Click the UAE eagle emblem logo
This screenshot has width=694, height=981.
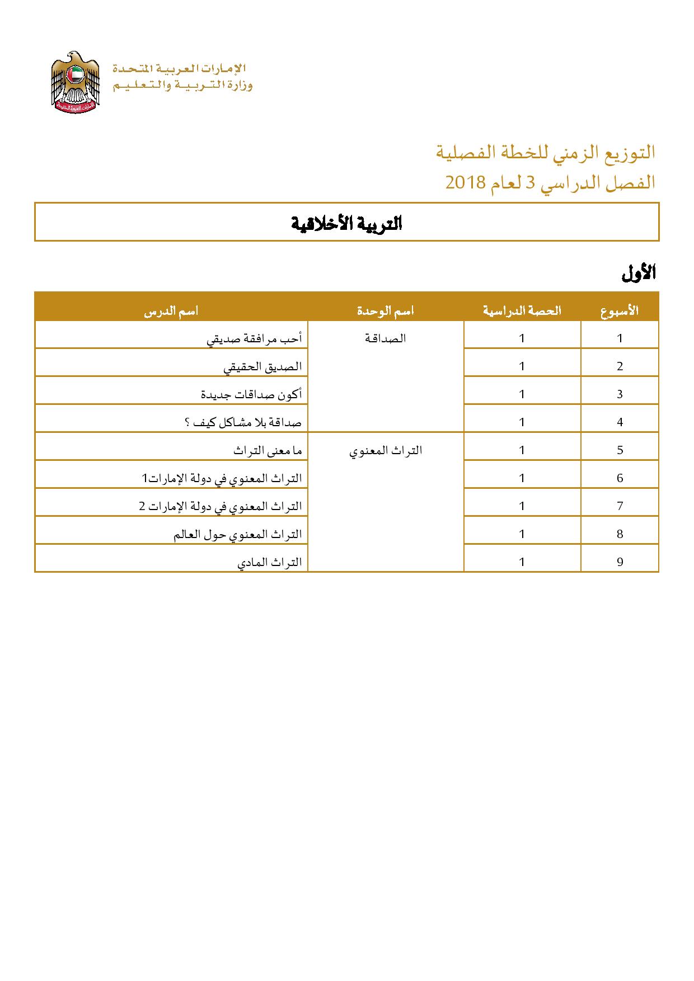(75, 82)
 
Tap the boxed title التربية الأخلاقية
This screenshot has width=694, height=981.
(347, 223)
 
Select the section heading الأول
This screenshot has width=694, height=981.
(638, 273)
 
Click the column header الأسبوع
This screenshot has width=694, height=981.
(620, 311)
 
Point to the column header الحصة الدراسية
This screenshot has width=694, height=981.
(522, 311)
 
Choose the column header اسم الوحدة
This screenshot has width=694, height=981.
(386, 311)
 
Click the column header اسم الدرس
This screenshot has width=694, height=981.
(171, 311)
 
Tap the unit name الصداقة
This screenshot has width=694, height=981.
(386, 338)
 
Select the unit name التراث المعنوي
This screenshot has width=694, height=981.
(386, 450)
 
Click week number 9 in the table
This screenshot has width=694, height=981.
(620, 562)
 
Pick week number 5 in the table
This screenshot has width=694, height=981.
(620, 450)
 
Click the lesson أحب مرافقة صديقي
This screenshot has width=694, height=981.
(255, 338)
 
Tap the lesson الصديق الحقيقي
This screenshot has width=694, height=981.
(263, 366)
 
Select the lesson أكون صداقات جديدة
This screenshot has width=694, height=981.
(251, 394)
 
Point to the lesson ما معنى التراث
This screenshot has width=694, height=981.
(268, 450)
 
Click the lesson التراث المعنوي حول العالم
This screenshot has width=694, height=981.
(238, 534)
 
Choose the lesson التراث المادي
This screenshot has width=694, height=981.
(270, 562)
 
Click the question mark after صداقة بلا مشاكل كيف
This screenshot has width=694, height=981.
(187, 422)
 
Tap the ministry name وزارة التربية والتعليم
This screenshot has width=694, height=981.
(182, 86)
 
